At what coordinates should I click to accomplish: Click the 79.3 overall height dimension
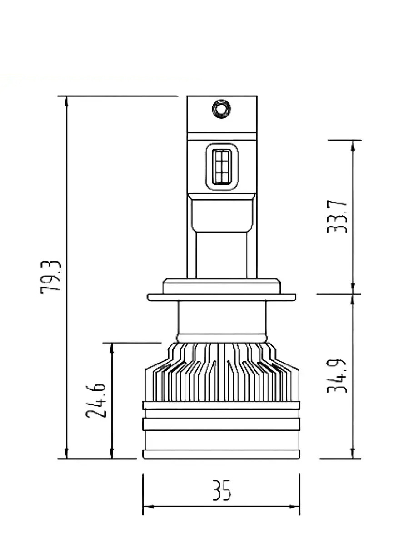tap(50, 277)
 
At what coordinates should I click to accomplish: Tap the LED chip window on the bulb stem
tap(221, 167)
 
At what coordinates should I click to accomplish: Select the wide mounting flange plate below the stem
tap(221, 297)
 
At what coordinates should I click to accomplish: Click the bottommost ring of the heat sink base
tap(221, 454)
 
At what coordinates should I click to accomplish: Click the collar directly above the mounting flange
tap(221, 286)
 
